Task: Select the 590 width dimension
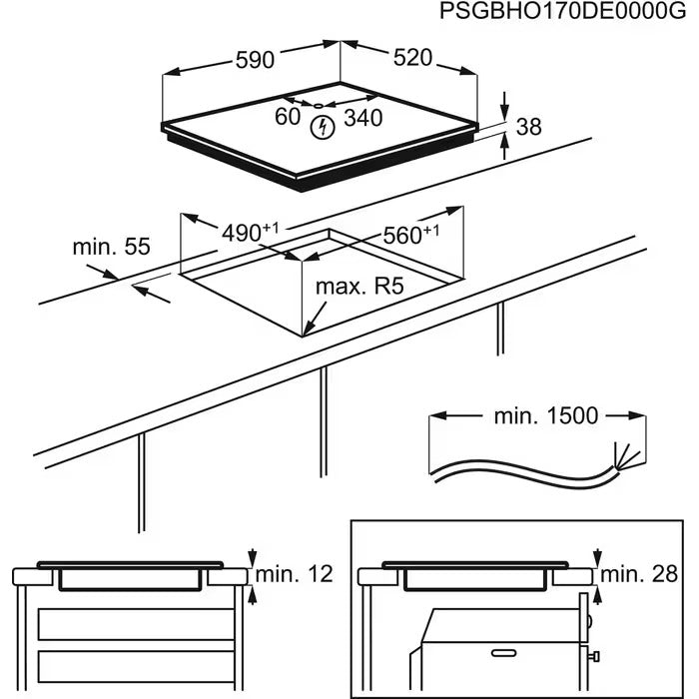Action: (254, 60)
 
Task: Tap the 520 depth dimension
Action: (411, 58)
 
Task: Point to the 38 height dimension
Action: (529, 126)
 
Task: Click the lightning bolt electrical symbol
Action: (323, 127)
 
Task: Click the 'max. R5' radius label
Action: (358, 288)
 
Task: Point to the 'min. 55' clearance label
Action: (111, 247)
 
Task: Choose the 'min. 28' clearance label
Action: (638, 574)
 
